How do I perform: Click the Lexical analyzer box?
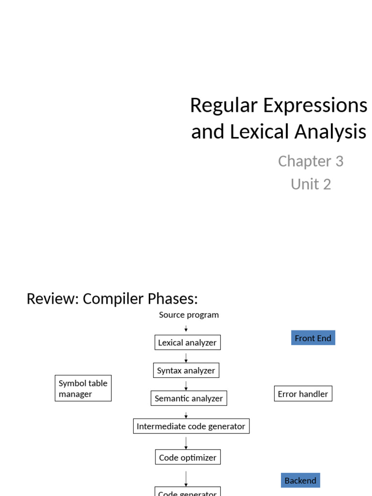pyautogui.click(x=187, y=342)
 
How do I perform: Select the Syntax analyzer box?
pyautogui.click(x=186, y=371)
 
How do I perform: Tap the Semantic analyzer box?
pyautogui.click(x=188, y=398)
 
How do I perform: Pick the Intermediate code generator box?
pyautogui.click(x=191, y=426)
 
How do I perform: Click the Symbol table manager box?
pyautogui.click(x=83, y=388)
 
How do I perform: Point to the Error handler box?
pyautogui.click(x=303, y=394)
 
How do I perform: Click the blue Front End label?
pyautogui.click(x=313, y=338)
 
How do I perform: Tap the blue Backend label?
pyautogui.click(x=300, y=480)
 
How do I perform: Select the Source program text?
pyautogui.click(x=189, y=315)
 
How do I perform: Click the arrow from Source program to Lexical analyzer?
pyautogui.click(x=186, y=328)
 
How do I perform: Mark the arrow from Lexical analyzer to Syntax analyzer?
pyautogui.click(x=186, y=357)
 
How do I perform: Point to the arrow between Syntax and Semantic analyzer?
pyautogui.click(x=186, y=385)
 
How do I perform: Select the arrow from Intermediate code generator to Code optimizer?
pyautogui.click(x=186, y=442)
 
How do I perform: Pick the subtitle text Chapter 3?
pyautogui.click(x=310, y=161)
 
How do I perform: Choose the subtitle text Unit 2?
pyautogui.click(x=310, y=184)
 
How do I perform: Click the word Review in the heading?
pyautogui.click(x=52, y=299)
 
